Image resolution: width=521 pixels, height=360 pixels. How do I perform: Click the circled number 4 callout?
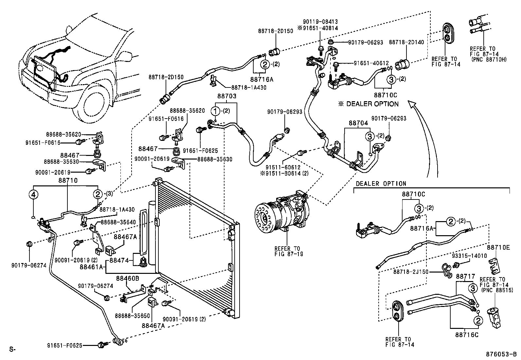[x=33, y=195]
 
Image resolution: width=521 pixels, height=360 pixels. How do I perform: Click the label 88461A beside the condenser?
[x=92, y=267]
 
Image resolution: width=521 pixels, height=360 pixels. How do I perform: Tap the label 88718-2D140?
[x=406, y=42]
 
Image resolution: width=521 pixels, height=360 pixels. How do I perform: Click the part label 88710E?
[x=498, y=248]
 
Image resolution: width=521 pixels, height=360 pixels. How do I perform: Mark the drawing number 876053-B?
[x=501, y=354]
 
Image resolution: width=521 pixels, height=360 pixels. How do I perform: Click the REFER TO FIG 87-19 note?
[x=287, y=251]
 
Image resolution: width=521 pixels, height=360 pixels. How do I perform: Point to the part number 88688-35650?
[x=132, y=316]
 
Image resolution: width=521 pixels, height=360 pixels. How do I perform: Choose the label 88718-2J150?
[x=411, y=272]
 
